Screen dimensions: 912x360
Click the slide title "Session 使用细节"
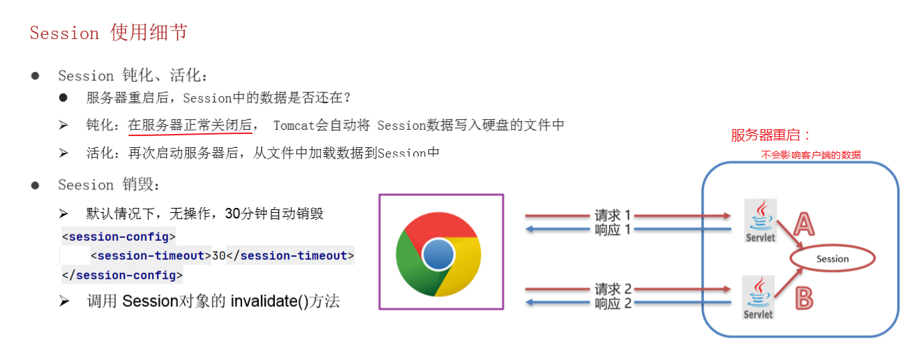[108, 33]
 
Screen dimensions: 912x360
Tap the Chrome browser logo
[438, 254]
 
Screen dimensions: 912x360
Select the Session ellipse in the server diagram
[832, 258]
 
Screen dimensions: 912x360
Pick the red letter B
[804, 299]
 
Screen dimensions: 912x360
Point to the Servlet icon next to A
[760, 220]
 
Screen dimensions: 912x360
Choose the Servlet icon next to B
[758, 297]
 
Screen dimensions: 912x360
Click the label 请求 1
[613, 215]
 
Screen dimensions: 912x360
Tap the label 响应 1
[613, 230]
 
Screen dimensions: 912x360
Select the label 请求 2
[613, 289]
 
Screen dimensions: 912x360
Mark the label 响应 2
[613, 303]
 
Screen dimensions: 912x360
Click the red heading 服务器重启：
[770, 135]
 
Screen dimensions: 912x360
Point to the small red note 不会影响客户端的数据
[811, 155]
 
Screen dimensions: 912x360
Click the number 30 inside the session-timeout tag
[218, 256]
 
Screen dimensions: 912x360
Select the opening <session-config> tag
[119, 237]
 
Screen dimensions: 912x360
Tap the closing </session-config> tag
[122, 276]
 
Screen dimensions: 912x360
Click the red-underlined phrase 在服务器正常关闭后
[190, 125]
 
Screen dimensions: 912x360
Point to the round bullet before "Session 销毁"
[36, 186]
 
